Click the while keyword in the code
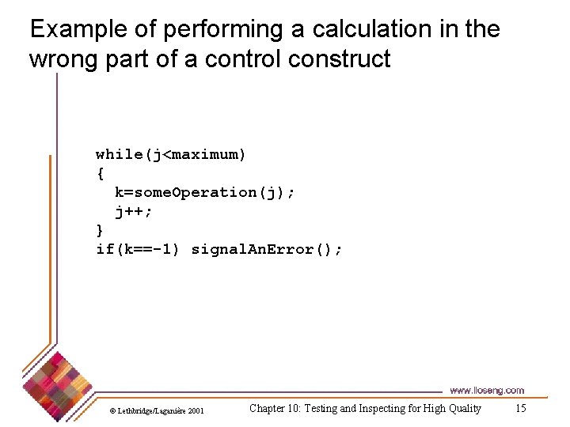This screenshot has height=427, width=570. click(x=119, y=154)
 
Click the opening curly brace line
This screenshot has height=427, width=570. click(x=100, y=173)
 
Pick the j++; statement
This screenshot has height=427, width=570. click(x=133, y=211)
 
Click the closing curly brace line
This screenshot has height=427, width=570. click(x=100, y=230)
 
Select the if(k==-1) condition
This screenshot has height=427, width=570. click(x=138, y=250)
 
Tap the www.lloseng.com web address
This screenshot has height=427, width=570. click(x=486, y=391)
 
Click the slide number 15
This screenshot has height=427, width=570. click(x=520, y=408)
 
